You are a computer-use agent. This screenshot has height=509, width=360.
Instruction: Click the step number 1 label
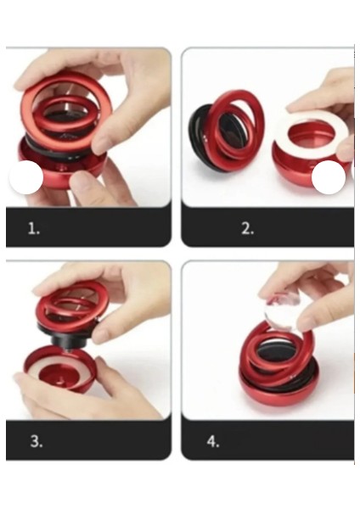click(x=34, y=229)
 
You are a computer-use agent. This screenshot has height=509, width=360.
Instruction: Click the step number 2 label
click(x=248, y=229)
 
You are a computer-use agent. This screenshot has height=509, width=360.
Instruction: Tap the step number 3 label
click(x=36, y=441)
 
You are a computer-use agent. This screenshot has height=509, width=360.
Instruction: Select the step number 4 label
click(x=213, y=441)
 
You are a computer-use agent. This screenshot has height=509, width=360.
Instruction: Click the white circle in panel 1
click(x=26, y=177)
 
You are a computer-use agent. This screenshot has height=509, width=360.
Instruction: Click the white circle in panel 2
click(x=329, y=177)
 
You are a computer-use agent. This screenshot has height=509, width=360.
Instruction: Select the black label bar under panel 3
click(x=88, y=440)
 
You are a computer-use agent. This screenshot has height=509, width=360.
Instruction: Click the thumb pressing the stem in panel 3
click(x=107, y=333)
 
